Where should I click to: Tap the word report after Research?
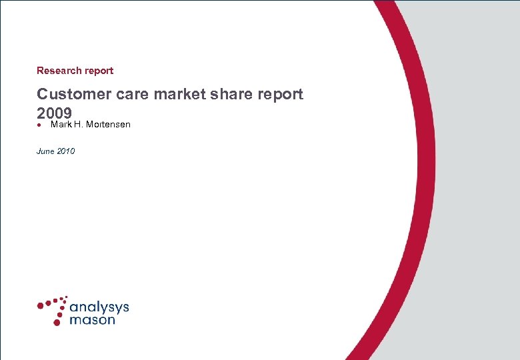point(99,71)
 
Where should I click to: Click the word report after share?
point(278,95)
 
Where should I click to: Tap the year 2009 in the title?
point(54,112)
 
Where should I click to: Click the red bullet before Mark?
point(40,125)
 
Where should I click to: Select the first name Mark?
point(60,125)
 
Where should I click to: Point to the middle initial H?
point(78,125)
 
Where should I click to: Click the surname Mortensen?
point(108,125)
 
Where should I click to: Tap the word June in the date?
point(45,151)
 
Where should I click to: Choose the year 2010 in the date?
point(66,151)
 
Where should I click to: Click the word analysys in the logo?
point(99,308)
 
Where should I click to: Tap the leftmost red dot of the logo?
point(40,305)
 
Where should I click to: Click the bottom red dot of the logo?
point(57,322)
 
